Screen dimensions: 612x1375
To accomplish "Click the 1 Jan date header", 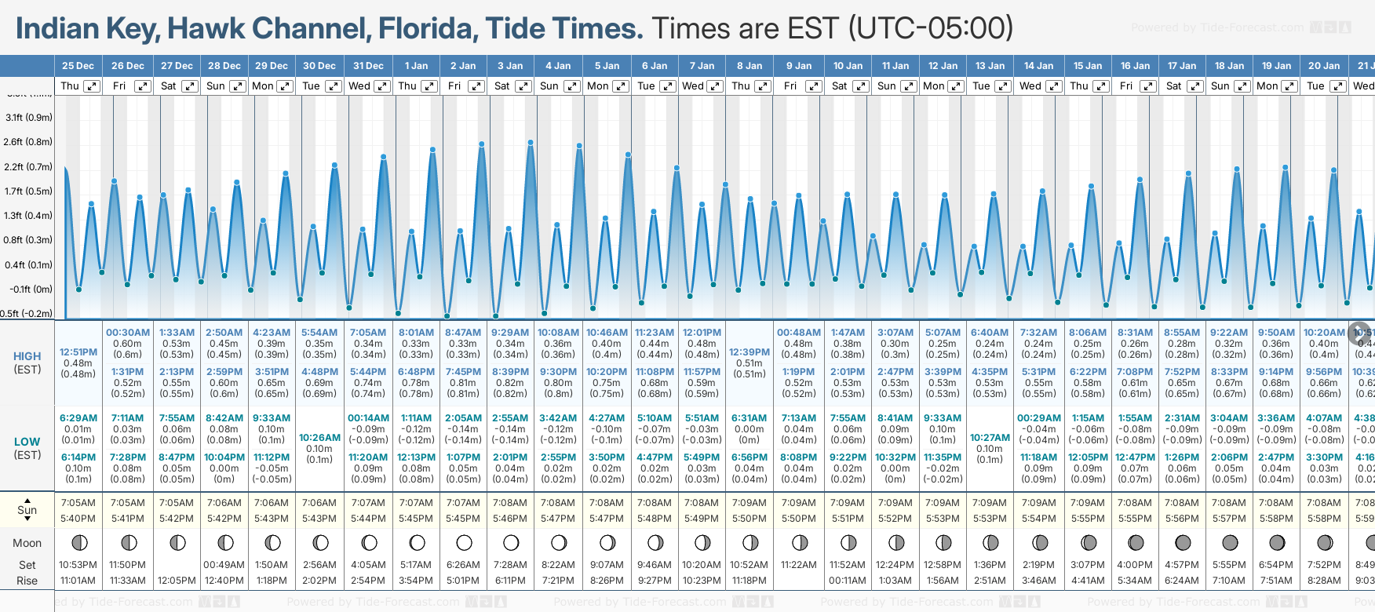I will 416,66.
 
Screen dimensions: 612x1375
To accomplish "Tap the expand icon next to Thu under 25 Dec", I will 92,86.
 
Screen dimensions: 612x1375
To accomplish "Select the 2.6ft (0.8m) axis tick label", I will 28,142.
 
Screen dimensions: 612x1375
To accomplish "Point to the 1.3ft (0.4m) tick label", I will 28,216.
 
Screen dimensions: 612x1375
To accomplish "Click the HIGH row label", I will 27,356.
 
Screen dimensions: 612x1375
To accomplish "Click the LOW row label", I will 27,442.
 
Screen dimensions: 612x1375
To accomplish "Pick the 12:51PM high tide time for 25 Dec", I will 78,352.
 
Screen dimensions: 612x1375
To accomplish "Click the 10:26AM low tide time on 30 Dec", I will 319,438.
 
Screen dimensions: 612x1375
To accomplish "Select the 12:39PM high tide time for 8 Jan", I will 750,352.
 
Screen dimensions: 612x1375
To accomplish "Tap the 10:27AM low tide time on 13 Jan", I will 990,438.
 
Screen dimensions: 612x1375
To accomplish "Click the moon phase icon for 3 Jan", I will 511,542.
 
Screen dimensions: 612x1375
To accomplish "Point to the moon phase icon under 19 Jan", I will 1277,542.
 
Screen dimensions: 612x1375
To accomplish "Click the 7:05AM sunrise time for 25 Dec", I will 78,503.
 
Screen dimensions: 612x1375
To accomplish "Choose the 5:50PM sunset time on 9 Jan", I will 799,519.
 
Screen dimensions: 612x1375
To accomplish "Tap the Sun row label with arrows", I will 27,510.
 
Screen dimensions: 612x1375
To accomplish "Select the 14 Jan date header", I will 1038,66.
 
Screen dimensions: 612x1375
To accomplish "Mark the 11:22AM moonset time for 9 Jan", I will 799,565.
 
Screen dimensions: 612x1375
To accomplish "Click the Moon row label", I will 27,543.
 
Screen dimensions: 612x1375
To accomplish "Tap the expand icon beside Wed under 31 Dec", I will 382,86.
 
